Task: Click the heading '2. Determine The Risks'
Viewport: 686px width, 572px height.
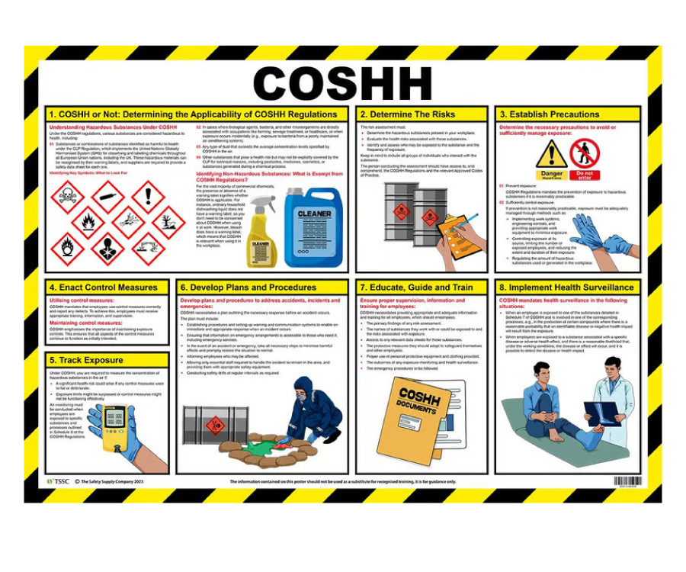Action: (407, 114)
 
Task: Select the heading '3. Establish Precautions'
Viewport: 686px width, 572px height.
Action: (549, 114)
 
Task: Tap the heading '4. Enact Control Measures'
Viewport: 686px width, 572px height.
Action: (104, 288)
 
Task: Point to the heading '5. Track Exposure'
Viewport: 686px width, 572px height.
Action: (85, 360)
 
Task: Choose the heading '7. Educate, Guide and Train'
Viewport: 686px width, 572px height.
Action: (416, 288)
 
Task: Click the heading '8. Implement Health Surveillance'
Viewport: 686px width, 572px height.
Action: (566, 288)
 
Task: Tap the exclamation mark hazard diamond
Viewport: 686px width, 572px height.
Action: (147, 196)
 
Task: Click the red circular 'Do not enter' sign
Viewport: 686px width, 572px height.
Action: (585, 157)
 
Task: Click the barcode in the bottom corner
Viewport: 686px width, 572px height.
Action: (627, 482)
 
